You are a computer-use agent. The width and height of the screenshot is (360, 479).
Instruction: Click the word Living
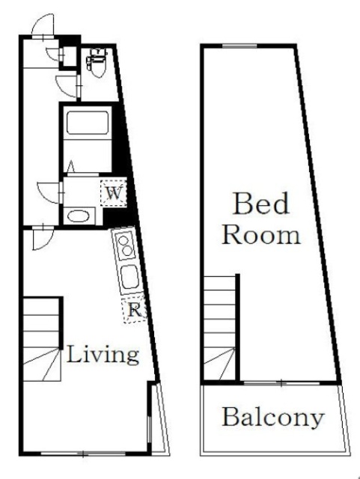click(103, 354)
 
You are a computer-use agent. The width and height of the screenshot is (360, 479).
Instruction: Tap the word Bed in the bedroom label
click(260, 204)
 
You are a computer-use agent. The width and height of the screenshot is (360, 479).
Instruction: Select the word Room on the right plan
click(261, 235)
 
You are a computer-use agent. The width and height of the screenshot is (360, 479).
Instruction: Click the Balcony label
click(272, 418)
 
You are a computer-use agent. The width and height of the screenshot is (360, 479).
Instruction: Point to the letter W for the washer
click(114, 193)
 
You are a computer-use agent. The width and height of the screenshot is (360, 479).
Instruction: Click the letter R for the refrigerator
click(135, 311)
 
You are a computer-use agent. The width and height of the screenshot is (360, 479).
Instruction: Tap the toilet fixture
click(97, 62)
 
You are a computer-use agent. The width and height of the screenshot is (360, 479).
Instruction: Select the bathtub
click(88, 123)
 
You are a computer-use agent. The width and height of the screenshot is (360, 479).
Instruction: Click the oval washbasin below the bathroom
click(79, 216)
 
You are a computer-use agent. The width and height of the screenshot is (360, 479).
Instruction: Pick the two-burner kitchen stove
click(125, 245)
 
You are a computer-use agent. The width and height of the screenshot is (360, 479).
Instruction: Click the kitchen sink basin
click(130, 278)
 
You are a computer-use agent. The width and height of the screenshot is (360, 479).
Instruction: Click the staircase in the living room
click(42, 338)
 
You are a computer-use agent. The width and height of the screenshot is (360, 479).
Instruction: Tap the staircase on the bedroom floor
click(219, 328)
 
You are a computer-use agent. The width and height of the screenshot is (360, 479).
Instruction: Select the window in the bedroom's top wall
click(240, 46)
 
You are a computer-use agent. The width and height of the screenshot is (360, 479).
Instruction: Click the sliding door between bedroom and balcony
click(281, 382)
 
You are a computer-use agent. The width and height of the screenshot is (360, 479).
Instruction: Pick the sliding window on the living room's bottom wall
click(83, 454)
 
